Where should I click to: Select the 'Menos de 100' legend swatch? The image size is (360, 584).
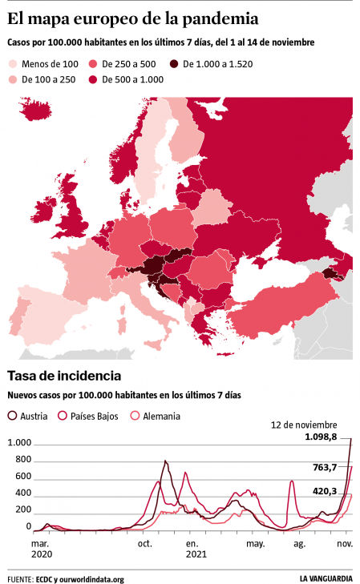(14, 63)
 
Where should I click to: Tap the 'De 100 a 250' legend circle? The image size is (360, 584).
(14, 79)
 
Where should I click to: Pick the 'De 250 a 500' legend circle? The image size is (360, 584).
(93, 63)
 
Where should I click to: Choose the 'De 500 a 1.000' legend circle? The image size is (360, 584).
(93, 79)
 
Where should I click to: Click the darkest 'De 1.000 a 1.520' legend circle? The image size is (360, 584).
(173, 63)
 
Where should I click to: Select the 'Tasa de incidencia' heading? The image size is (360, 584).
(64, 375)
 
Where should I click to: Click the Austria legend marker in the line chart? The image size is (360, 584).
(13, 416)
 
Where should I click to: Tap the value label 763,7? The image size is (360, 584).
(328, 466)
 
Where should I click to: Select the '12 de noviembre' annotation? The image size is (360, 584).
(302, 425)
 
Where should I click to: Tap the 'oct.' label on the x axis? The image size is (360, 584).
(145, 543)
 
